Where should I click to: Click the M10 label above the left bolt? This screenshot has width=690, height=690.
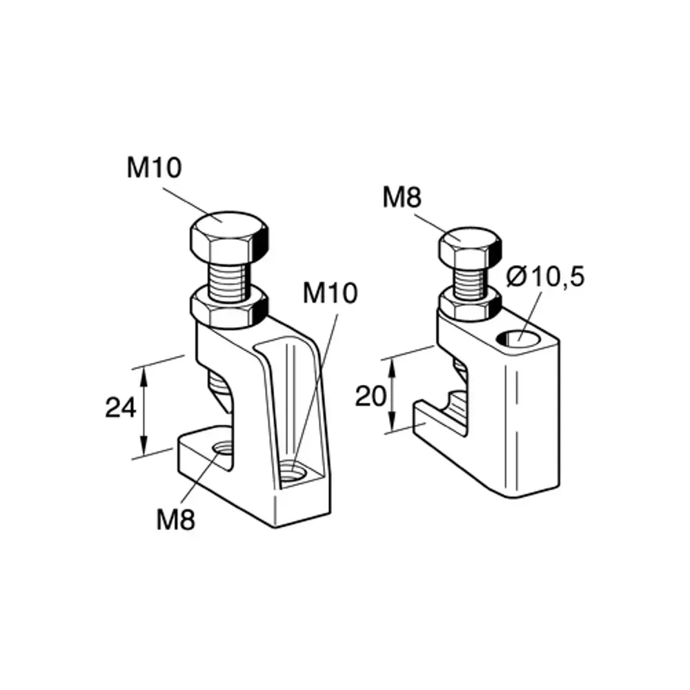click(154, 168)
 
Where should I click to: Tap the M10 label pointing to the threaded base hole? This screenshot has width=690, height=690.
click(331, 293)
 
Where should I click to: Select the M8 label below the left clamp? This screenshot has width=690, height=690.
click(175, 519)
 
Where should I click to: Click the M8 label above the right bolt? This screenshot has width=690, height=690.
click(402, 199)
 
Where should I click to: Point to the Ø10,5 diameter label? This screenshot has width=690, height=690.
click(544, 277)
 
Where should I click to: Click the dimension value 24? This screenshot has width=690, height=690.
click(120, 408)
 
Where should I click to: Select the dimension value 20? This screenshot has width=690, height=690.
click(370, 396)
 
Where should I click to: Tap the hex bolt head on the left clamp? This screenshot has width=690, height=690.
click(227, 235)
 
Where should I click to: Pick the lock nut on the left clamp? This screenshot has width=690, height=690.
click(228, 308)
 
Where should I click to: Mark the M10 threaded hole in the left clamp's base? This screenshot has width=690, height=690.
click(295, 473)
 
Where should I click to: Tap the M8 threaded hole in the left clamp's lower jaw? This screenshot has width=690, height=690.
click(222, 450)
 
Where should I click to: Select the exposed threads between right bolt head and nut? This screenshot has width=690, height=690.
click(469, 280)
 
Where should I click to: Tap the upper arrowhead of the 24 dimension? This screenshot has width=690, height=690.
click(144, 372)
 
